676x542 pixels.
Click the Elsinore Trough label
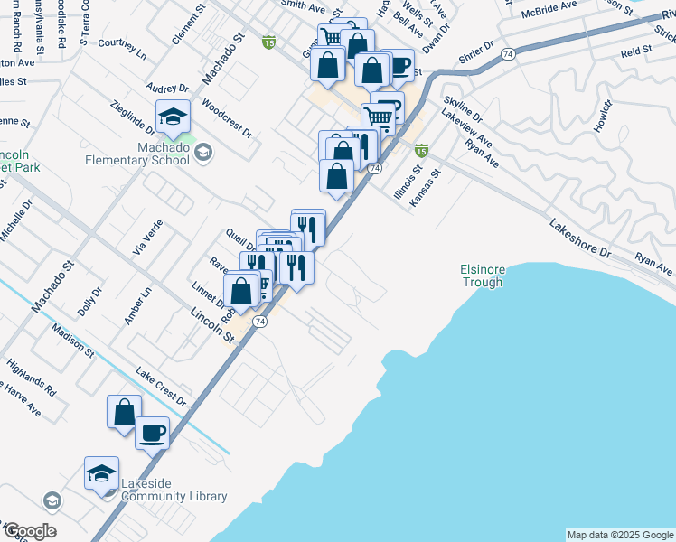[482, 276]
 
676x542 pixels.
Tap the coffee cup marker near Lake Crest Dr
[152, 432]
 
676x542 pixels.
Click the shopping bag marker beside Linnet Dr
[241, 291]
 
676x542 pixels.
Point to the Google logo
[29, 531]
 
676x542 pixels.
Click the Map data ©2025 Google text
[619, 535]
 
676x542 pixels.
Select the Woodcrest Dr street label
[227, 117]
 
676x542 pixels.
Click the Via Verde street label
[147, 237]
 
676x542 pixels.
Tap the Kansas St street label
[426, 187]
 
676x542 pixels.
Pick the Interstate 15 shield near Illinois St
[420, 149]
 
